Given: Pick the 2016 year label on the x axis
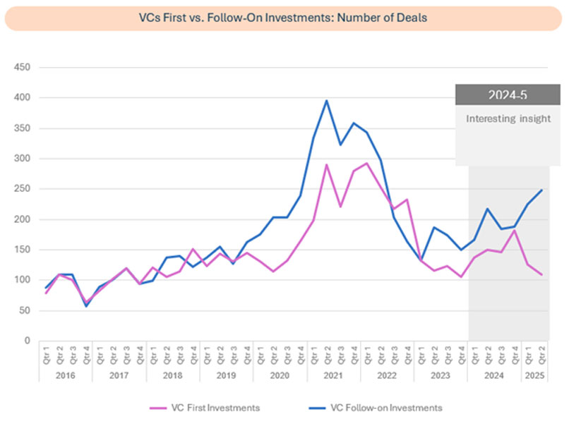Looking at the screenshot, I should (x=66, y=377).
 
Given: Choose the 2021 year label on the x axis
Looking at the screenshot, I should (x=333, y=377).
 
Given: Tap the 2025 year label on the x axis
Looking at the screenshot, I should (x=534, y=377).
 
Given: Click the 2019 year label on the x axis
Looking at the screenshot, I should (x=227, y=377).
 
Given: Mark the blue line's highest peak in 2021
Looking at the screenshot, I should (x=327, y=100).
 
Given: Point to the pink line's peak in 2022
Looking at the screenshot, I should (x=367, y=164).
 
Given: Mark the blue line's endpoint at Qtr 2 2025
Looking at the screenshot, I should (x=541, y=190).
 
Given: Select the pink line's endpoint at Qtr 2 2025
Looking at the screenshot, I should (x=541, y=274).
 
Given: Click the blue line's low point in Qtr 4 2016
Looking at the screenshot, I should (x=87, y=306).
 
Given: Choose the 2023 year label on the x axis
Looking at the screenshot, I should (x=441, y=377).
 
